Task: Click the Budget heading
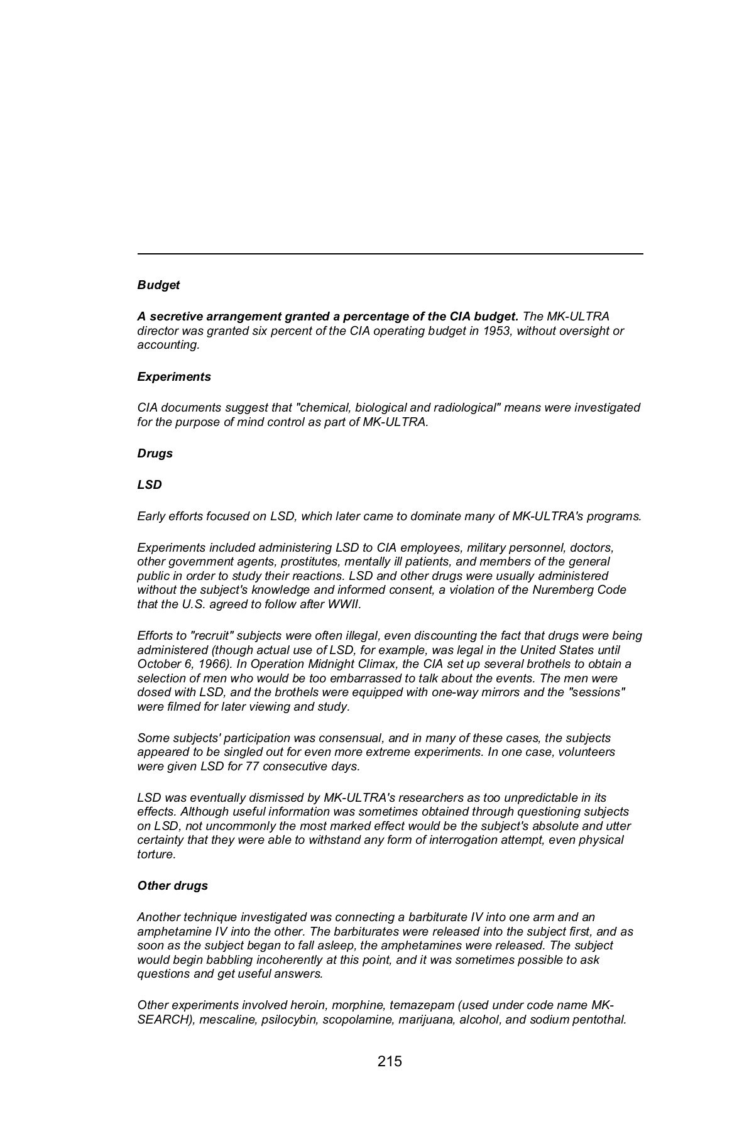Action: click(x=158, y=285)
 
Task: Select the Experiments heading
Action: click(x=174, y=377)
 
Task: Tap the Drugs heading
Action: click(x=155, y=454)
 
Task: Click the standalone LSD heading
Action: click(x=150, y=485)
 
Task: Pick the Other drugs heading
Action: click(x=172, y=886)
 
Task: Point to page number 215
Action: click(x=390, y=1061)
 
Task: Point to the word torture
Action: click(x=156, y=855)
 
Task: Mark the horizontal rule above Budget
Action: click(x=390, y=254)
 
